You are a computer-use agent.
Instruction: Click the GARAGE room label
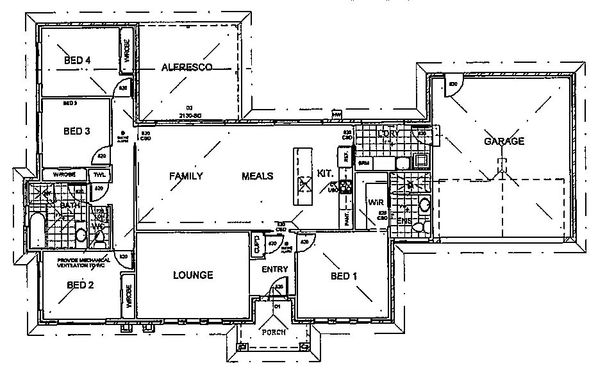(x=504, y=141)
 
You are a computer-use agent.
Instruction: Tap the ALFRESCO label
(x=187, y=67)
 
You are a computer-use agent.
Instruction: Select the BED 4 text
(x=78, y=60)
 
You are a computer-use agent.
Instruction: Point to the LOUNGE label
(x=193, y=275)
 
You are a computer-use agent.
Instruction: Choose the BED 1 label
(x=344, y=276)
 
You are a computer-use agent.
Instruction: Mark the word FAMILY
(x=186, y=176)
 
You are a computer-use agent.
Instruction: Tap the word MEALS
(x=258, y=176)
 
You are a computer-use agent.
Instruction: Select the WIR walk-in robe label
(x=375, y=202)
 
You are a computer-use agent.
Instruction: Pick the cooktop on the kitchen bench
(x=347, y=187)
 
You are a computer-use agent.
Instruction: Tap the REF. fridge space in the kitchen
(x=345, y=156)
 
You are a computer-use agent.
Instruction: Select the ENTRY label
(x=274, y=269)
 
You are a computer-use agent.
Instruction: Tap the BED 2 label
(x=81, y=285)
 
